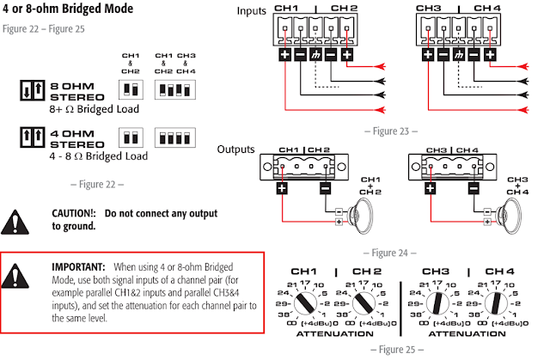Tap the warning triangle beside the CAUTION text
pyautogui.click(x=15, y=218)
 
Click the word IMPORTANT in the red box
pyautogui.click(x=78, y=267)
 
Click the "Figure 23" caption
pyautogui.click(x=392, y=131)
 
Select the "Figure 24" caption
pyautogui.click(x=391, y=253)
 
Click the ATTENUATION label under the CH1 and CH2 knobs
pyautogui.click(x=336, y=333)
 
